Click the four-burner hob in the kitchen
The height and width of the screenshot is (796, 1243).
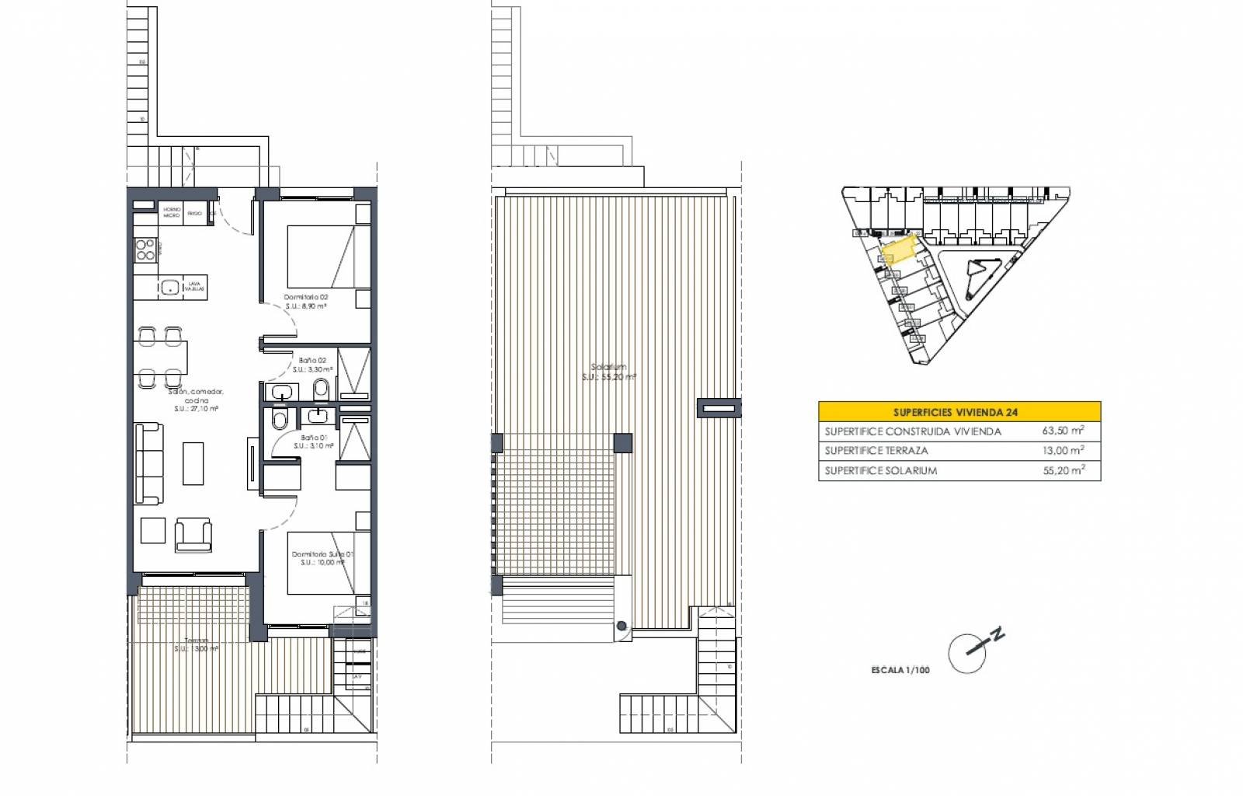[145, 249]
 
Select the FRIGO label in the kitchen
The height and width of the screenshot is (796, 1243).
[195, 212]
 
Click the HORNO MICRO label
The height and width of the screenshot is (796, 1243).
[171, 212]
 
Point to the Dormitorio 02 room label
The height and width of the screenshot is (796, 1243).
[306, 297]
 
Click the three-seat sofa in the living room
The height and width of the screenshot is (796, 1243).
[148, 463]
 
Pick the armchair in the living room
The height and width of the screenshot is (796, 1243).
[193, 535]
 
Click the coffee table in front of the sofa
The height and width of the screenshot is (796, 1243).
[193, 463]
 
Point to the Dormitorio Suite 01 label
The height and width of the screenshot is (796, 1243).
[322, 554]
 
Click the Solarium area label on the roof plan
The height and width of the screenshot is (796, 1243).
[609, 368]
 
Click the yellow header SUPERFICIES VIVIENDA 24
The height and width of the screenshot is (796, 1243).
[959, 412]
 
